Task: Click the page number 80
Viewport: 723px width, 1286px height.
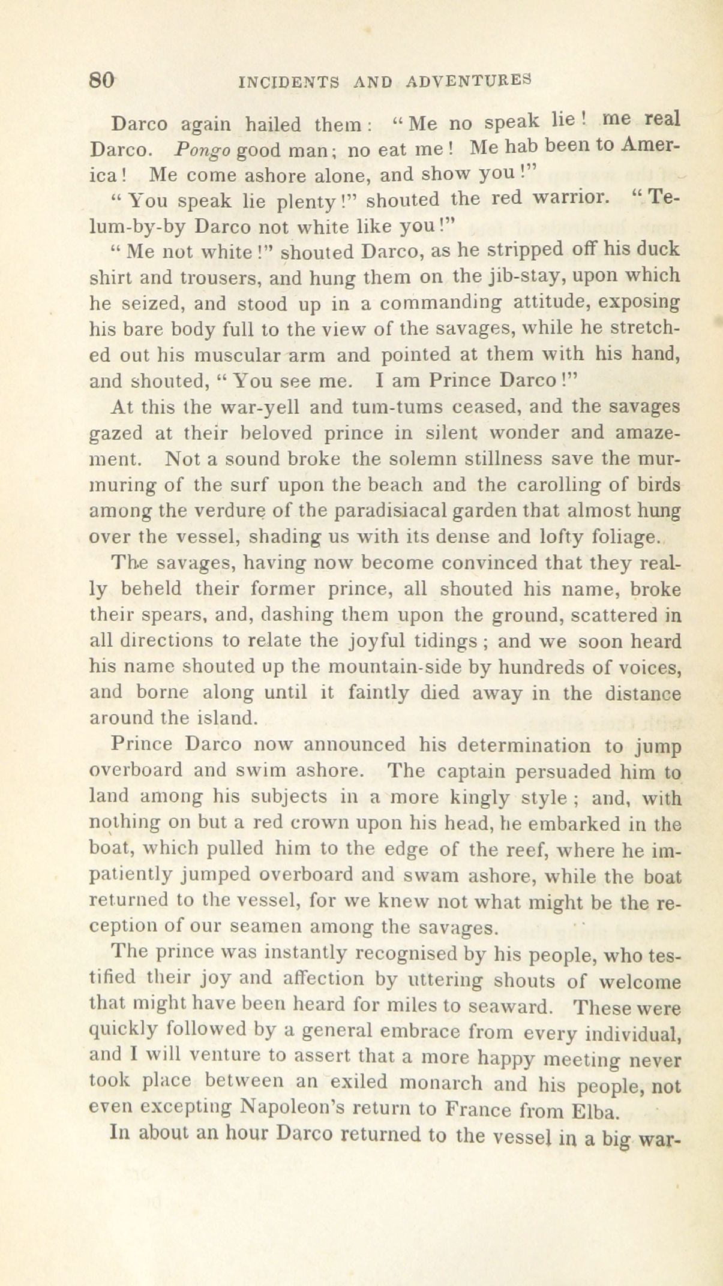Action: (102, 80)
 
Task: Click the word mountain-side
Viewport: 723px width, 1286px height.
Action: (379, 666)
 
